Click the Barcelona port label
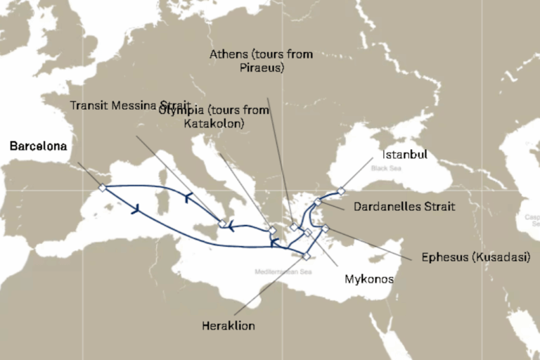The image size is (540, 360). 38,147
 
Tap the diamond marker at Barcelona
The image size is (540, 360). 102,188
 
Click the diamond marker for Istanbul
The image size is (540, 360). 341,191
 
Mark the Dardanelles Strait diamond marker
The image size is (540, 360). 318,202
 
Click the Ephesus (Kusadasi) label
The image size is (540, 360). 475,257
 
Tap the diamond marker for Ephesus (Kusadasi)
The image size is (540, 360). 325,228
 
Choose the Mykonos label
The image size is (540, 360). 368,279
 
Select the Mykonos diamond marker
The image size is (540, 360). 307,232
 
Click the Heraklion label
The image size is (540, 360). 228,326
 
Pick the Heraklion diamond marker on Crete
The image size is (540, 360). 306,256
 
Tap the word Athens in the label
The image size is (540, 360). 229,54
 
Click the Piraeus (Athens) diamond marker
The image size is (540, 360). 293,226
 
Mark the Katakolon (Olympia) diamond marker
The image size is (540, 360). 273,230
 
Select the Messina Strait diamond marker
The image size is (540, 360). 222,224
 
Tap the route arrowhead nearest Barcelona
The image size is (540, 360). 134,208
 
